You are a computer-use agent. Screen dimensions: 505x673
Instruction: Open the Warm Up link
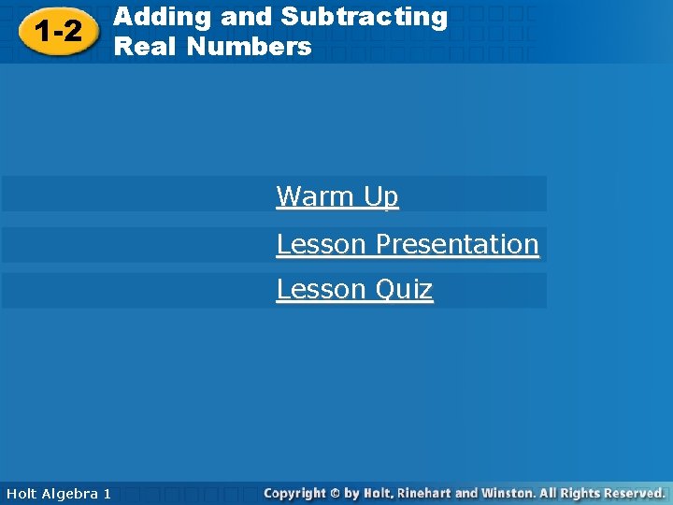(337, 196)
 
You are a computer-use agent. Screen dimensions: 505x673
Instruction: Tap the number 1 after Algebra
(107, 493)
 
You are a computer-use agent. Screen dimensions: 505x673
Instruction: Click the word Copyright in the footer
(294, 493)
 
